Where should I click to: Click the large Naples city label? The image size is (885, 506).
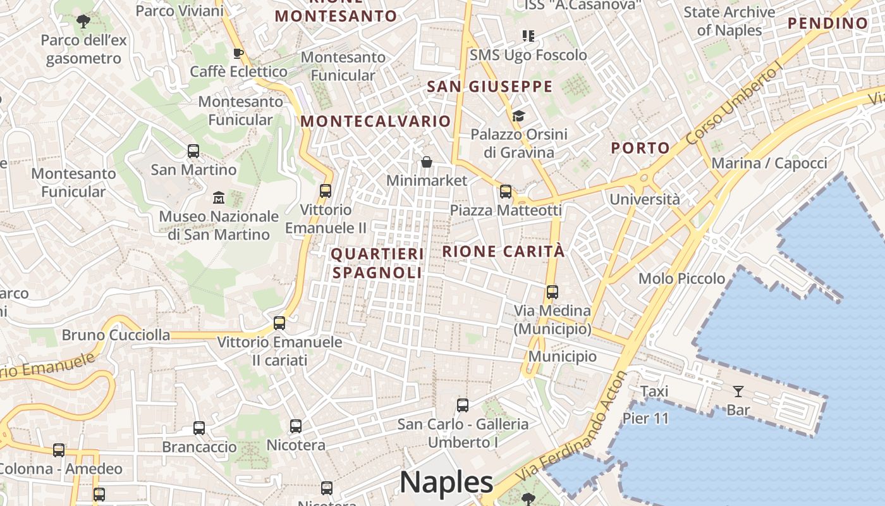coord(446,483)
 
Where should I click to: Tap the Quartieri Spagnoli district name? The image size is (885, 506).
coord(377,263)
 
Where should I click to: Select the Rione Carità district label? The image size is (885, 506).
coord(503,251)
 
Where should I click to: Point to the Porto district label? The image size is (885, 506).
coord(640,148)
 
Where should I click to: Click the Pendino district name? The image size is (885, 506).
coord(828,24)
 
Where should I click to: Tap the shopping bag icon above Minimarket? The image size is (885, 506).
coord(427,163)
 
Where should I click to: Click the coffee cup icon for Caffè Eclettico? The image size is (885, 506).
coord(238,53)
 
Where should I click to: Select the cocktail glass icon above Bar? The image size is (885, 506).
coord(738,391)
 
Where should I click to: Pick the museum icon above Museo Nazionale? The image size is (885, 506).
coord(219,197)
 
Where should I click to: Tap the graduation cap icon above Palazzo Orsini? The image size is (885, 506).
coord(518,116)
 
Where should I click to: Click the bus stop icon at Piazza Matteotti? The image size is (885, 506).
coord(505,192)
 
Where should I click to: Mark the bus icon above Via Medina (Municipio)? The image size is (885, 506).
coord(552,292)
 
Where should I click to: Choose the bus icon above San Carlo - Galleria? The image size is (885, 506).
coord(463,405)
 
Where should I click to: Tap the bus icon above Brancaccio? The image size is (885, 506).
coord(199,428)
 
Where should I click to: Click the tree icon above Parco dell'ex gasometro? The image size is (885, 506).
coord(83,22)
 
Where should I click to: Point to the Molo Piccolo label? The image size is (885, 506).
coord(681,278)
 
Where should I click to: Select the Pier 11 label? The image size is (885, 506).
coord(645,418)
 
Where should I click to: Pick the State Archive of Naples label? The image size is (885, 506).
coord(729,21)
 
